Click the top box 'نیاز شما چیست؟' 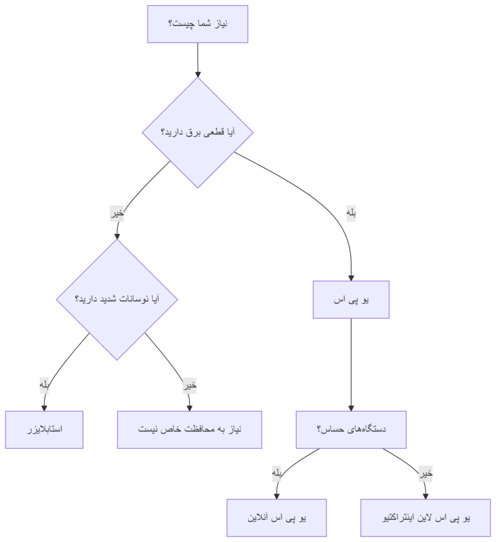(x=198, y=24)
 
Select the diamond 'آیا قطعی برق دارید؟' (x=198, y=132)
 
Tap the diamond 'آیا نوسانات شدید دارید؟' (x=117, y=300)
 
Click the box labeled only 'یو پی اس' (x=351, y=300)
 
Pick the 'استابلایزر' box (x=45, y=430)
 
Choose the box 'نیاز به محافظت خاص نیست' (x=189, y=430)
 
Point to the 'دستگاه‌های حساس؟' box (x=351, y=430)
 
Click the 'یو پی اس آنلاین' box (x=277, y=518)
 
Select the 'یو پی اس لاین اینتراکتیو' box (x=426, y=518)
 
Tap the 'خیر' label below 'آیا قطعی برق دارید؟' (x=117, y=213)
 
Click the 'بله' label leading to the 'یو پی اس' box (x=351, y=213)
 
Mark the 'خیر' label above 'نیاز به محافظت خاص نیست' (x=190, y=385)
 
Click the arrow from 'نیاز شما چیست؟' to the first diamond (x=198, y=60)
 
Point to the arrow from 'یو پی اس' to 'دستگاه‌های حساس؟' (x=351, y=365)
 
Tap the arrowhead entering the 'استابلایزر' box (x=45, y=408)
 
